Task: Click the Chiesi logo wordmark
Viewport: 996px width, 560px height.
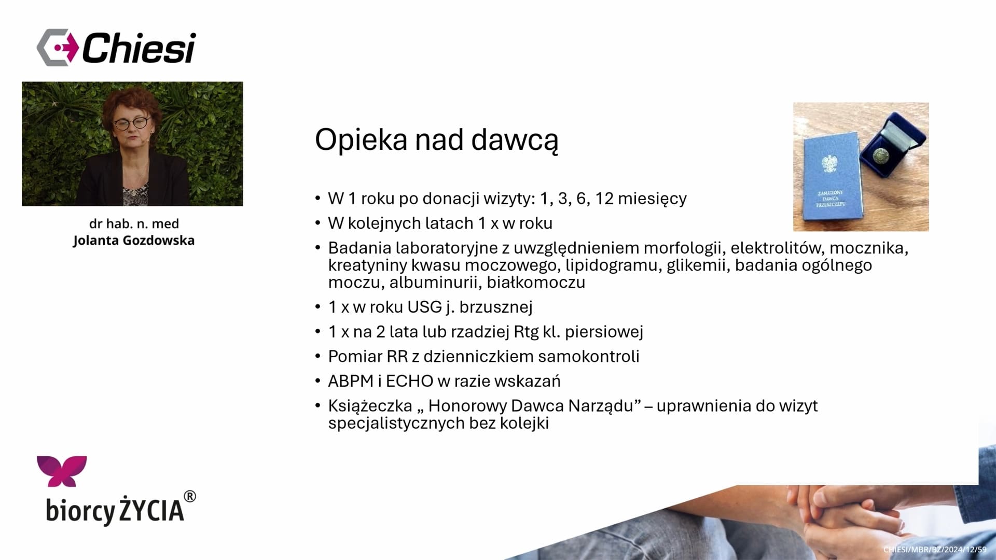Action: [139, 48]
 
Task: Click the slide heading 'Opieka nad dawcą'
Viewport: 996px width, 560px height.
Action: [436, 140]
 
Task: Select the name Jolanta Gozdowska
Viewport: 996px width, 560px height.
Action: [134, 241]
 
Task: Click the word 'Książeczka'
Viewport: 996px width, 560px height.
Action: [370, 406]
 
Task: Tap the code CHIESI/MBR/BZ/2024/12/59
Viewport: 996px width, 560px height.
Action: [935, 550]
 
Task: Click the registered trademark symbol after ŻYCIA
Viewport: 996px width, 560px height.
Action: [190, 497]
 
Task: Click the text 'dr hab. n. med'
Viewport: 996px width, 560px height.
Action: [134, 223]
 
